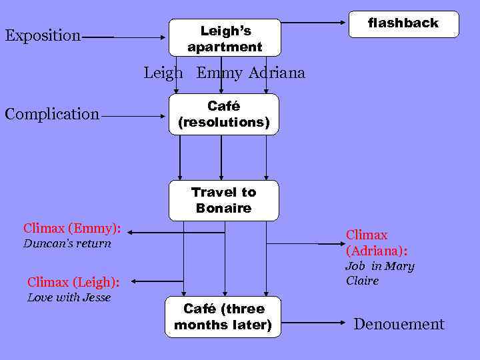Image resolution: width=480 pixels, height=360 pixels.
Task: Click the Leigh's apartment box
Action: point(224,39)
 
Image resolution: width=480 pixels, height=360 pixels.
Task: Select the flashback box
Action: point(404,24)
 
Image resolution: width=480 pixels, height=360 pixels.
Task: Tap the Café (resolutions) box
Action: point(223,114)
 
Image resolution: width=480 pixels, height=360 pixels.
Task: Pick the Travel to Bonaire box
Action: point(223,200)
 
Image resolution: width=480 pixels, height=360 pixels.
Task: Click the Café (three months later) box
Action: point(223,317)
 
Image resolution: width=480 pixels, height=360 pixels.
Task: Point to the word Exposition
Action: point(43,35)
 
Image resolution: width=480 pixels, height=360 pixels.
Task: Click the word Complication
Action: point(52,114)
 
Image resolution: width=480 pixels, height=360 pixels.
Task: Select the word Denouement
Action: point(399,325)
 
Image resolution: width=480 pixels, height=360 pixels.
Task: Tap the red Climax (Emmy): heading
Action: point(72,228)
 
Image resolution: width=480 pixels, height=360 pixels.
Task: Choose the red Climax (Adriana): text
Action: point(377,243)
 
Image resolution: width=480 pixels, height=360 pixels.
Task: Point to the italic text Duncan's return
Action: point(67,243)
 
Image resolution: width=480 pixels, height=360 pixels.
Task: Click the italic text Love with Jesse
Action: point(69,297)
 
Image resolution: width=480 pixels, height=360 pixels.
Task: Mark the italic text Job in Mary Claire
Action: point(379,273)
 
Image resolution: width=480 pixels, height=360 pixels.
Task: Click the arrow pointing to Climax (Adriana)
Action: point(303,245)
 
